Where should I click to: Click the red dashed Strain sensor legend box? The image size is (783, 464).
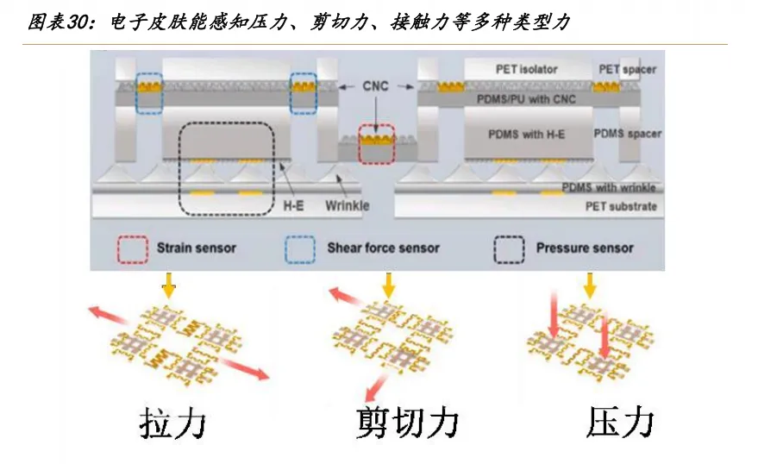tap(131, 248)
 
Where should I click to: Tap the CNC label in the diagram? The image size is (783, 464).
tap(376, 85)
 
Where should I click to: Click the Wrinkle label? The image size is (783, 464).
tap(348, 205)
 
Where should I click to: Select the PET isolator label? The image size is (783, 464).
tap(526, 68)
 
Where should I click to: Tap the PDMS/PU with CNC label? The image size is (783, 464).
tap(526, 101)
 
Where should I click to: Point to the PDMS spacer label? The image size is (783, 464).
tap(627, 134)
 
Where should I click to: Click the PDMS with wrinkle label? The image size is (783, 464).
tap(609, 187)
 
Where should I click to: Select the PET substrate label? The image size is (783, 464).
tap(622, 205)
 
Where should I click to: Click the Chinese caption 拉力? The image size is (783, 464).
tap(172, 423)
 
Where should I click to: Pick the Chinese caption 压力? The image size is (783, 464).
tap(620, 423)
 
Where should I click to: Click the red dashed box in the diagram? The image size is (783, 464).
tap(375, 144)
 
